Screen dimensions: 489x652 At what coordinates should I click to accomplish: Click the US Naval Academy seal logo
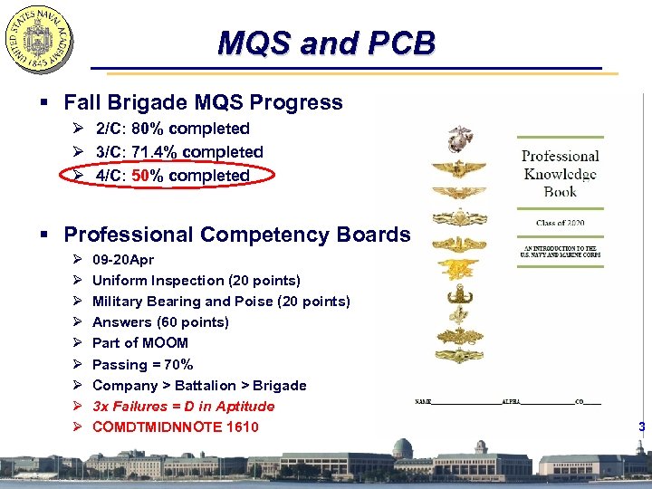[x=39, y=40]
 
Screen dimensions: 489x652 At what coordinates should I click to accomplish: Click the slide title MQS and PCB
[x=327, y=43]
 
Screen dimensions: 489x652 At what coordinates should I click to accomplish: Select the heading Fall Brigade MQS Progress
[x=203, y=102]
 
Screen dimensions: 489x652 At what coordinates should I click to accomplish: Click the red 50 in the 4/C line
[x=140, y=176]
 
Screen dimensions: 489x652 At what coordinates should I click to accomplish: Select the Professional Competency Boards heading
[x=236, y=235]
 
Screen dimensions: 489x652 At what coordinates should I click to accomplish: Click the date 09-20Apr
[x=123, y=260]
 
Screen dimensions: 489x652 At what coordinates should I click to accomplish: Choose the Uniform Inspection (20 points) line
[x=196, y=281]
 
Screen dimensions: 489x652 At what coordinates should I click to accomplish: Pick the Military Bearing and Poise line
[x=221, y=302]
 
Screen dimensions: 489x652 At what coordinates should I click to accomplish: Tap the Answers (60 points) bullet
[x=160, y=322]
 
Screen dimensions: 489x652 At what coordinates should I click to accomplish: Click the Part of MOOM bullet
[x=140, y=343]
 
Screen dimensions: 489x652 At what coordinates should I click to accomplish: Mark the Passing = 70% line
[x=142, y=364]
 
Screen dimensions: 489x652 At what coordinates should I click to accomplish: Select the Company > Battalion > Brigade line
[x=199, y=386]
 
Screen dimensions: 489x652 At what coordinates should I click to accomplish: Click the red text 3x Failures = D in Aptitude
[x=183, y=407]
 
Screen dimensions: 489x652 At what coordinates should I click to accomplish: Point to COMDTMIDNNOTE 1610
[x=175, y=427]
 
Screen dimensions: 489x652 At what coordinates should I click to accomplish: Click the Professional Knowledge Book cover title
[x=560, y=173]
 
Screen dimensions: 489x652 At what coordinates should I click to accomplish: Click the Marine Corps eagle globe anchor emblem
[x=460, y=139]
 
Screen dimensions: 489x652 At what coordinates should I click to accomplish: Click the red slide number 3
[x=641, y=427]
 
